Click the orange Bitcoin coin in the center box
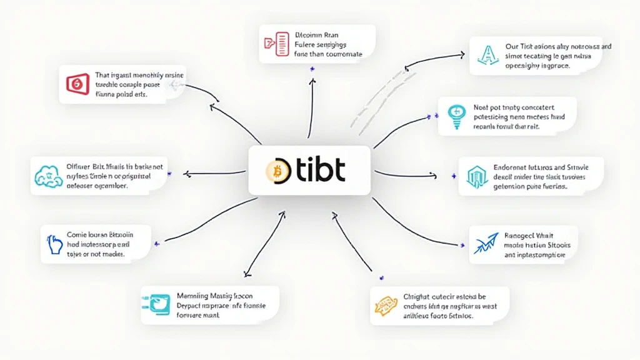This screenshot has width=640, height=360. [x=274, y=170]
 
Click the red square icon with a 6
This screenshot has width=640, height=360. [x=77, y=83]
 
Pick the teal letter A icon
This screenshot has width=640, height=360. [x=486, y=54]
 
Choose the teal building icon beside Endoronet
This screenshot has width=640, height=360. [x=477, y=176]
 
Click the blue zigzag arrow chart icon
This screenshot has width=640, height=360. [x=485, y=243]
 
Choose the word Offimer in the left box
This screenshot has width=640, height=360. [x=81, y=167]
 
